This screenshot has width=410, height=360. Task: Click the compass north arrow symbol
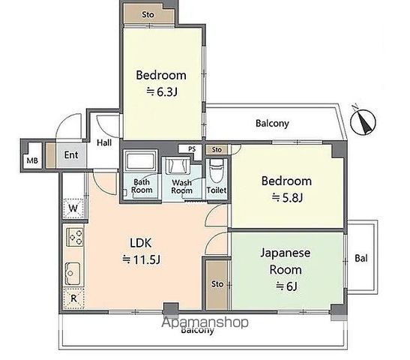tap(363, 121)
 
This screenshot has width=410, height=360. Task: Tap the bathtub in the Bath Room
tap(140, 160)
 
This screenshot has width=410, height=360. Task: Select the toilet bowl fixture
tap(217, 170)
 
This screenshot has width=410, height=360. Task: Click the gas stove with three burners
tap(75, 237)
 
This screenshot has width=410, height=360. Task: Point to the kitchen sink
tap(73, 274)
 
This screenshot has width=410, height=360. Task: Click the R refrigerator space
tap(73, 298)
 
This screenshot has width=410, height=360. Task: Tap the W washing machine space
tap(73, 208)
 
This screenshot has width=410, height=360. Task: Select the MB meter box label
tap(32, 160)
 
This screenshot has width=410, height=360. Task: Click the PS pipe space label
tap(192, 148)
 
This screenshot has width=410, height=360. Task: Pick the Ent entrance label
tap(71, 155)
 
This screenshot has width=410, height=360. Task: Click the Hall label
tap(104, 142)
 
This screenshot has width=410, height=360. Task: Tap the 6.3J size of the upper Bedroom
tap(162, 91)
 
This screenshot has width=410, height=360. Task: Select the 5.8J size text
tap(287, 197)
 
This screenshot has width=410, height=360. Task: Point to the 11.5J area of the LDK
tap(142, 259)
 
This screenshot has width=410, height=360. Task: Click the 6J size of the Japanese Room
tap(287, 286)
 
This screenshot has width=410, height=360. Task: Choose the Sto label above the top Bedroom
tap(148, 15)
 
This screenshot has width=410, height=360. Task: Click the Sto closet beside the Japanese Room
tap(217, 284)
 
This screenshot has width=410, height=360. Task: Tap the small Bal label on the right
tap(361, 259)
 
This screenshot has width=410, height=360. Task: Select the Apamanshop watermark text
tap(205, 322)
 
